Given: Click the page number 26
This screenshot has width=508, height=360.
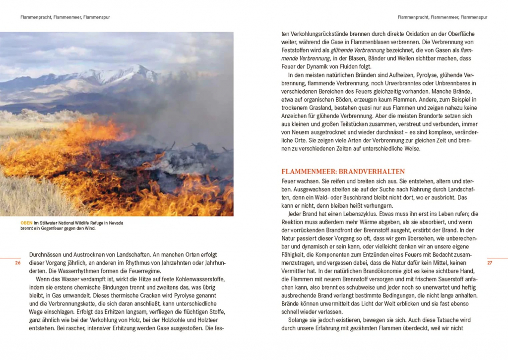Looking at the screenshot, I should click(18, 263).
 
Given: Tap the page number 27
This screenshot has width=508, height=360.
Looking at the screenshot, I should click(489, 263).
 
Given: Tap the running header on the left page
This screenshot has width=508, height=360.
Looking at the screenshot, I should click(65, 17).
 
